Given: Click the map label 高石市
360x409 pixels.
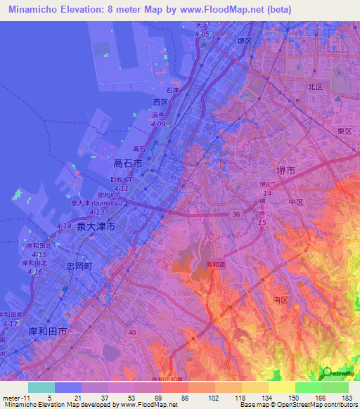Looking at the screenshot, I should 127,163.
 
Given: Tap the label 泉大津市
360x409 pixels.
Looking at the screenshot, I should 96,226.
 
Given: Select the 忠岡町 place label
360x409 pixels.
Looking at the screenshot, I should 79,266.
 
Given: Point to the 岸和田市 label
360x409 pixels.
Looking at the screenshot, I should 48,330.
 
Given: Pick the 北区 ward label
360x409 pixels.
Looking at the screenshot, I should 315,87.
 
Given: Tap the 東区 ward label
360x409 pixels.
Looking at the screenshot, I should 344,131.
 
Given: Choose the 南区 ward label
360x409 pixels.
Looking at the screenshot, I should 281,300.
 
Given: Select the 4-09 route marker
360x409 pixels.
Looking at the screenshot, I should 157,124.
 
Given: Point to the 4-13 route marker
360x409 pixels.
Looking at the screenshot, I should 97,212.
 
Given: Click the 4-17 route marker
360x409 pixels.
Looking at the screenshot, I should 10,323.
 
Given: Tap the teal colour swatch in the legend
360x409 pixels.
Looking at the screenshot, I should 41,387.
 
